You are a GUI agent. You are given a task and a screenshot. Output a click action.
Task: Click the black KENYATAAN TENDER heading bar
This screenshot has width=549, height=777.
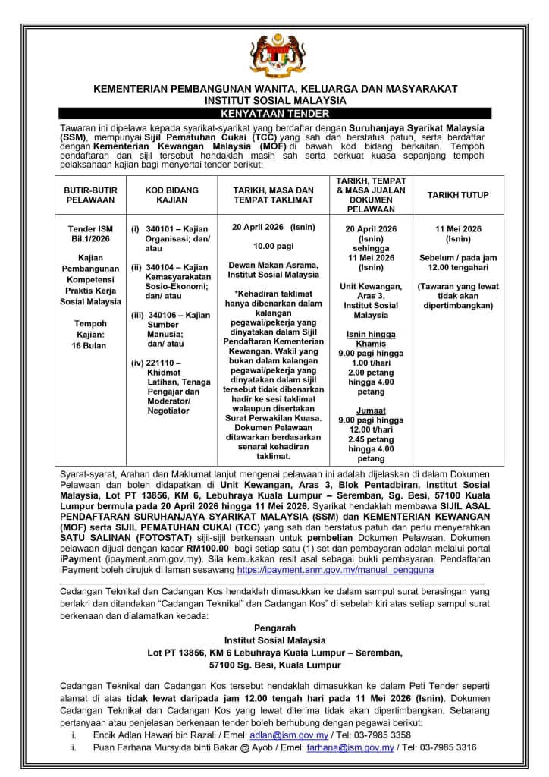tap(274, 113)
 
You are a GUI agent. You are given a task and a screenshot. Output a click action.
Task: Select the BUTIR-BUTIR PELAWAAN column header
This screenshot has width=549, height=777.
tap(89, 195)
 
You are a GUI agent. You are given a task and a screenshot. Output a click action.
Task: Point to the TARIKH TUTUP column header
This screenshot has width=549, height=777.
tap(457, 195)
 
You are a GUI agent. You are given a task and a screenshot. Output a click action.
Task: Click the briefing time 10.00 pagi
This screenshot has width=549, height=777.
tap(274, 246)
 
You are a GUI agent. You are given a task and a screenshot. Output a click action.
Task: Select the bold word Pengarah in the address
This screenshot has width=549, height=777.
tap(274, 628)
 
